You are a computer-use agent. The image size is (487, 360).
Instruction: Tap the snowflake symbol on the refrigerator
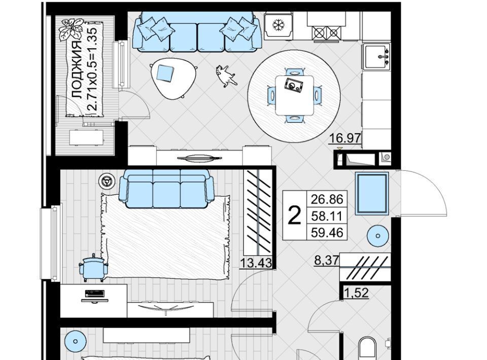(x=278, y=25)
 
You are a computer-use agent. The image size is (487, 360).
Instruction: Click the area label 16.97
(x=345, y=137)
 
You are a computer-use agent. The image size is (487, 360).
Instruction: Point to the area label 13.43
(x=256, y=263)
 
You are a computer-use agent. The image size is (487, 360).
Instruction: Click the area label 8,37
(x=327, y=260)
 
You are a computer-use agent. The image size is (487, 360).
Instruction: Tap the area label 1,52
(x=356, y=293)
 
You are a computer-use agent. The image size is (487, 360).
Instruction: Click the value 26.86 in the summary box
(x=327, y=199)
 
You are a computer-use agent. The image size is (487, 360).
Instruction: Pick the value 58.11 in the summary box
(x=327, y=215)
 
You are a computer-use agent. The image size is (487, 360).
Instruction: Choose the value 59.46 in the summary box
(x=327, y=232)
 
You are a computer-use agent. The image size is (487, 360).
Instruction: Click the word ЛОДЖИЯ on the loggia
(x=77, y=70)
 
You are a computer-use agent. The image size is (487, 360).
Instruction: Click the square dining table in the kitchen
(x=294, y=95)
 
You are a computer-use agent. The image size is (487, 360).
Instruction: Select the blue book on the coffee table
(x=165, y=73)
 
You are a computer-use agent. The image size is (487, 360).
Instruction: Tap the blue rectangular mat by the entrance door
(x=372, y=194)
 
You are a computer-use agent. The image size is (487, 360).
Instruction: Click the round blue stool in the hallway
(x=377, y=236)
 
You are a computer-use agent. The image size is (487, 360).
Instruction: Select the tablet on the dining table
(x=294, y=85)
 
